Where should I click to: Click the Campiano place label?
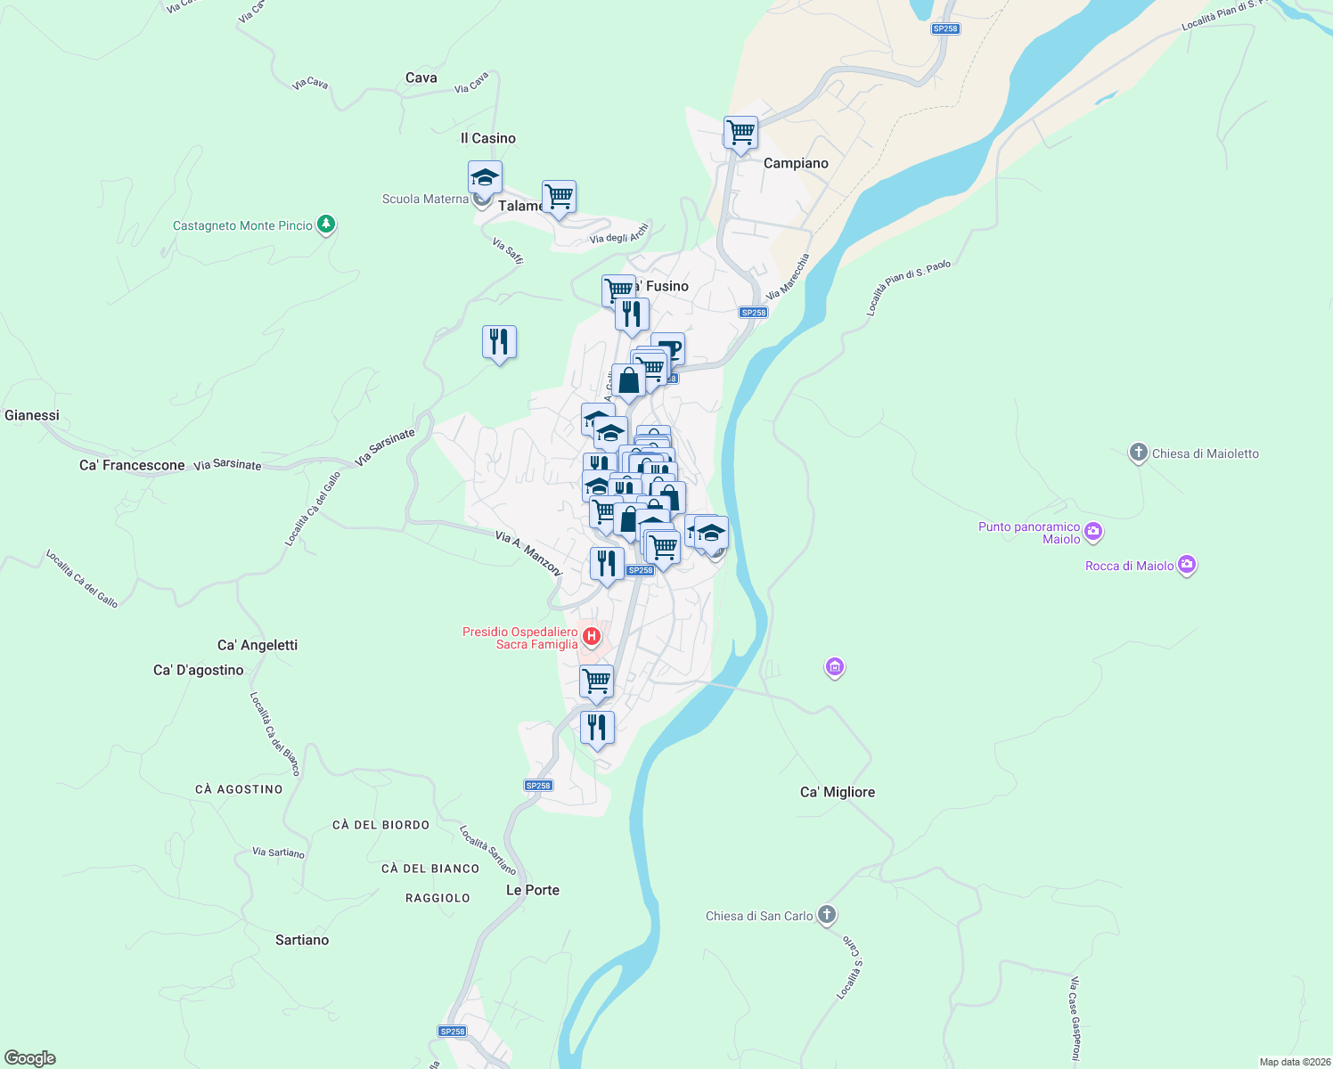click(x=796, y=163)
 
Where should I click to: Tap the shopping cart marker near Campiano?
click(x=740, y=134)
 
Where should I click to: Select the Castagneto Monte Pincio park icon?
click(x=326, y=224)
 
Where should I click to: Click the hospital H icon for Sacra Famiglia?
click(x=592, y=638)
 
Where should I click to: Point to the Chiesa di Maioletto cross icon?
click(x=1138, y=453)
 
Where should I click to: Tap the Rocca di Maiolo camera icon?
click(x=1186, y=566)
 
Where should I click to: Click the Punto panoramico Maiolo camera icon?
click(x=1093, y=533)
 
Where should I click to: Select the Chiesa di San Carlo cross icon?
click(x=827, y=915)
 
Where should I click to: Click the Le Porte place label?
click(x=533, y=890)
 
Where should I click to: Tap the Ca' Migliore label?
click(x=837, y=792)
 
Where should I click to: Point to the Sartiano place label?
click(x=302, y=940)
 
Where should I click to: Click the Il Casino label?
click(x=487, y=138)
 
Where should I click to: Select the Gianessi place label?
click(x=32, y=415)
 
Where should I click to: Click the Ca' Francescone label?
click(x=132, y=465)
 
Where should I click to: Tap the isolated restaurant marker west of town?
click(x=499, y=342)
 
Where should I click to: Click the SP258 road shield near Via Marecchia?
click(x=753, y=313)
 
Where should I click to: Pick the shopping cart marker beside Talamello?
click(x=559, y=197)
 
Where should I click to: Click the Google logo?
click(x=30, y=1058)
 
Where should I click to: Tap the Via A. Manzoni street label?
click(x=528, y=553)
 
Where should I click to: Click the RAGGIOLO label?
click(x=438, y=898)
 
